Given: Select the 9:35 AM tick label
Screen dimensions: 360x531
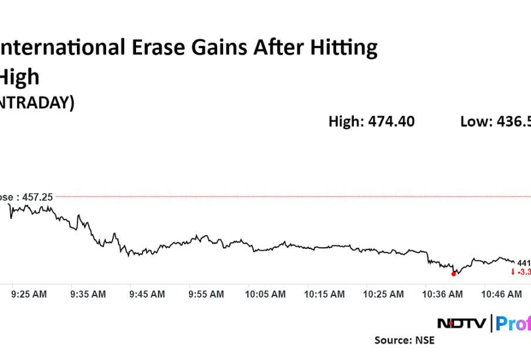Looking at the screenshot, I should [x=88, y=294].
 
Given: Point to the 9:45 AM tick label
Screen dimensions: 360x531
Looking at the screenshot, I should [x=148, y=294].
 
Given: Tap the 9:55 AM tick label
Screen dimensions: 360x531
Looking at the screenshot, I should [x=207, y=294].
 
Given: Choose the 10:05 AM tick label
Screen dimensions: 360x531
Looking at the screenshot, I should [x=265, y=294].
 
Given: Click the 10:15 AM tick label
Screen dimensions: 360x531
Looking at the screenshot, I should [x=324, y=294].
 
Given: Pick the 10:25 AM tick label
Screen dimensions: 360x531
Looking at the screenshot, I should [x=384, y=294].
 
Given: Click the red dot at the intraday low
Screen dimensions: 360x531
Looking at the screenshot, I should [x=454, y=274].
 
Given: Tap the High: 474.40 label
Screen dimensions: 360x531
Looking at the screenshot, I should [x=371, y=122].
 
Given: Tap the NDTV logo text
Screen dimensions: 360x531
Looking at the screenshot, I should [x=461, y=322].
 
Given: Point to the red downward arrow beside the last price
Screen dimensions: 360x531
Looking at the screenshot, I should [x=513, y=272].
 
